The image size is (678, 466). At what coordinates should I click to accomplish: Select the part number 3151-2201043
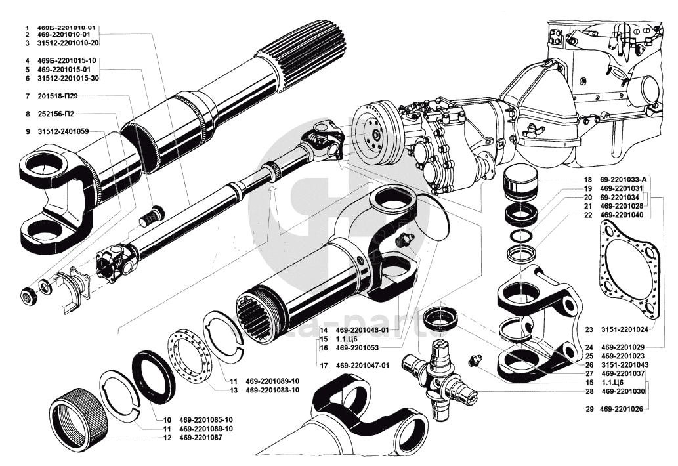point(626,365)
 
